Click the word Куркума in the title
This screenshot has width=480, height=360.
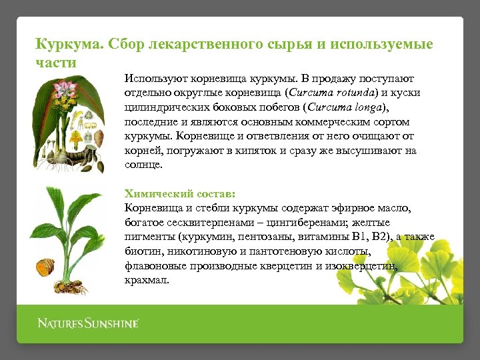(x=63, y=45)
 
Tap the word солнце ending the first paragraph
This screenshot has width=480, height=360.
(x=143, y=165)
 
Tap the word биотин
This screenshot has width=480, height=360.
(x=141, y=252)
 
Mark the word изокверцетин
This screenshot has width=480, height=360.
(x=364, y=267)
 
